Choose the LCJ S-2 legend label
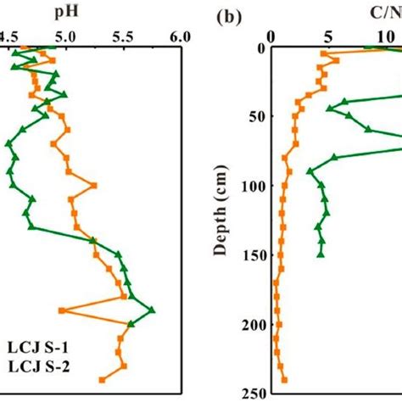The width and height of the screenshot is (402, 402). [35, 366]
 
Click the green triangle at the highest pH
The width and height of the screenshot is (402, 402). [151, 310]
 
